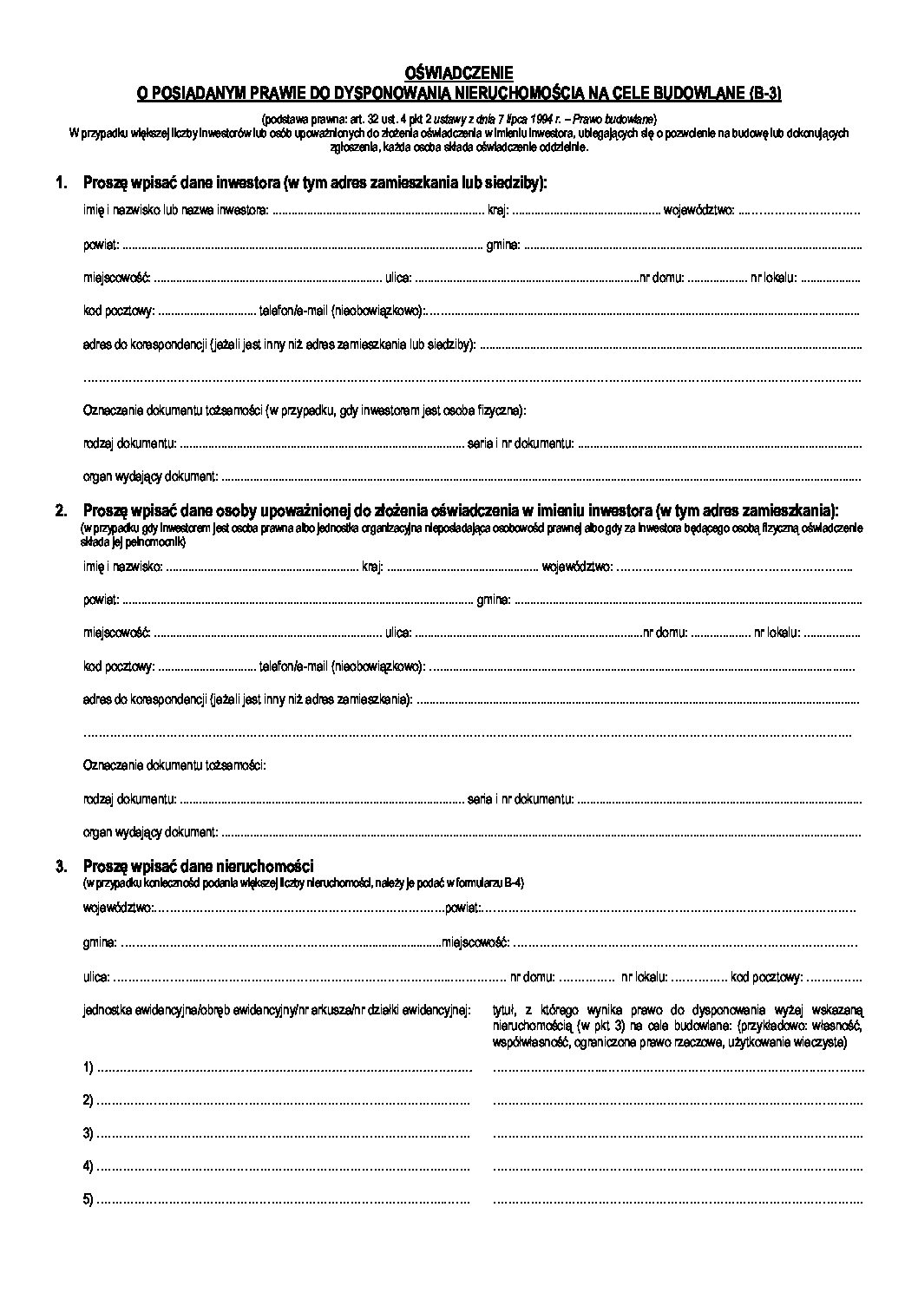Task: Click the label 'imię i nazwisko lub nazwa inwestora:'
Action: coord(176,210)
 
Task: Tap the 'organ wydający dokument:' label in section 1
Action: coord(151,476)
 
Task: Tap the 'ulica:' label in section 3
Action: coord(96,977)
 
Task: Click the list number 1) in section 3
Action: coord(89,1068)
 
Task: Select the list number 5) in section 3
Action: coord(89,1200)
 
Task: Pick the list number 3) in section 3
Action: coord(89,1134)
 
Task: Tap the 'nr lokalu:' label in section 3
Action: coord(644,977)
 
